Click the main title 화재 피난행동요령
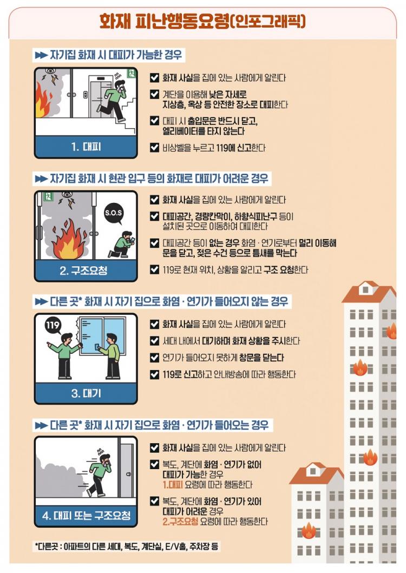point(164,21)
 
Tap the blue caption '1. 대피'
point(86,147)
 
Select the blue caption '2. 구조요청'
point(83,271)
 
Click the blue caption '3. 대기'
point(86,393)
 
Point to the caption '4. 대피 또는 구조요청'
point(86,516)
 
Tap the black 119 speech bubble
point(53,325)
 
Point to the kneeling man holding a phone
point(122,245)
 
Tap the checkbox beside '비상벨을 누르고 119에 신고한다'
point(154,148)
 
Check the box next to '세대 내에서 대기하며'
point(154,340)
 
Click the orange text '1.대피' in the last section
point(173,485)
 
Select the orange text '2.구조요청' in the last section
point(180,521)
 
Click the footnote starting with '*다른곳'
point(127,546)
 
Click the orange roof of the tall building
point(369,292)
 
